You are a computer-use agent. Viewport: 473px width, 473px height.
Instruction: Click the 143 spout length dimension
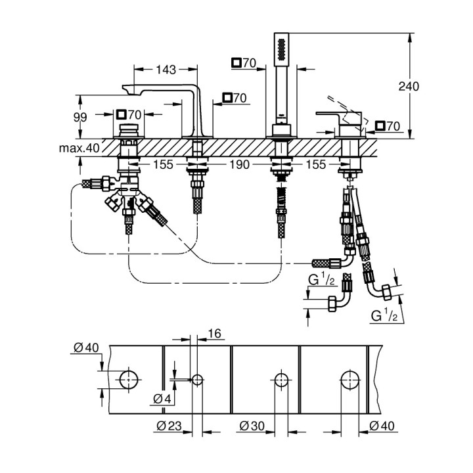click(x=165, y=68)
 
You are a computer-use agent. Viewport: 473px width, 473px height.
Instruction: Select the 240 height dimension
click(x=410, y=86)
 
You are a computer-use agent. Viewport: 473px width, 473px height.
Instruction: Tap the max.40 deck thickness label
click(x=79, y=148)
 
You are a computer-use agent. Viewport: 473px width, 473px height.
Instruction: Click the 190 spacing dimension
click(x=240, y=166)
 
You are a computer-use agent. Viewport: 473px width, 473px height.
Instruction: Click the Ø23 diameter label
click(x=170, y=426)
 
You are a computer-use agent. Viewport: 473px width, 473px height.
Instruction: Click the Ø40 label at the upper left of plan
click(x=85, y=348)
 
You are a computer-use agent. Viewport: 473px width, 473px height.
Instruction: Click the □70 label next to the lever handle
click(x=387, y=125)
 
